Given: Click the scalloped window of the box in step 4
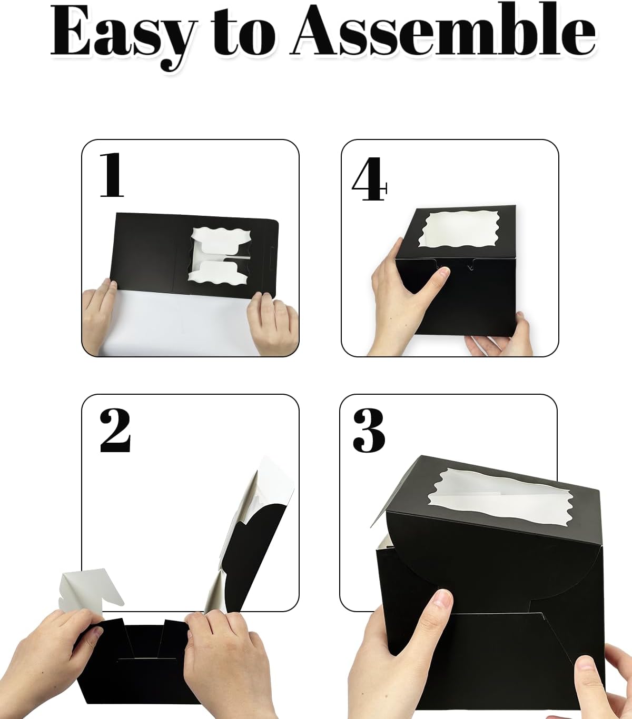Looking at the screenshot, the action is coord(456,230).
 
